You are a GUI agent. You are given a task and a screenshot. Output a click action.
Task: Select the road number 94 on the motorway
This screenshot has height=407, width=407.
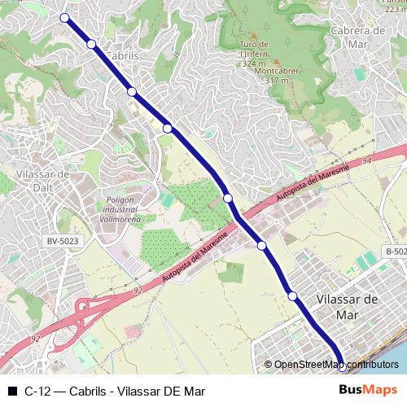pos(367,162)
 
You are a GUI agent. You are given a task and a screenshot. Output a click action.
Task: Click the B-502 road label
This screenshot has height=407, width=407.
pos(396,252)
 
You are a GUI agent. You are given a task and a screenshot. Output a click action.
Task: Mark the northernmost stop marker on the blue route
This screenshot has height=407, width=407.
pos(64,17)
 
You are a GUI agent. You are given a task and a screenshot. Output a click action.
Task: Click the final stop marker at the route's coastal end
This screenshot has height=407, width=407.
pos(341,366)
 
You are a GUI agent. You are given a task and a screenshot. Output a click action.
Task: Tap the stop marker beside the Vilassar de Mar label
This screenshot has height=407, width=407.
pos(292,296)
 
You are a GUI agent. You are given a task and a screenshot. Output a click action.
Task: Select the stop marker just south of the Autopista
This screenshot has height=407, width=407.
pos(262,245)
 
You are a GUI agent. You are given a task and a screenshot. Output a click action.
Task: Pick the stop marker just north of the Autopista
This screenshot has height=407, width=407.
pos(228,198)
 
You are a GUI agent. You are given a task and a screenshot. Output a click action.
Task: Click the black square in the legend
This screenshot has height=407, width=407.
pos(12,391)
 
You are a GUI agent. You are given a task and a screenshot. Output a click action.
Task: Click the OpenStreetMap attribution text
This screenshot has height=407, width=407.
pos(335,365)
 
